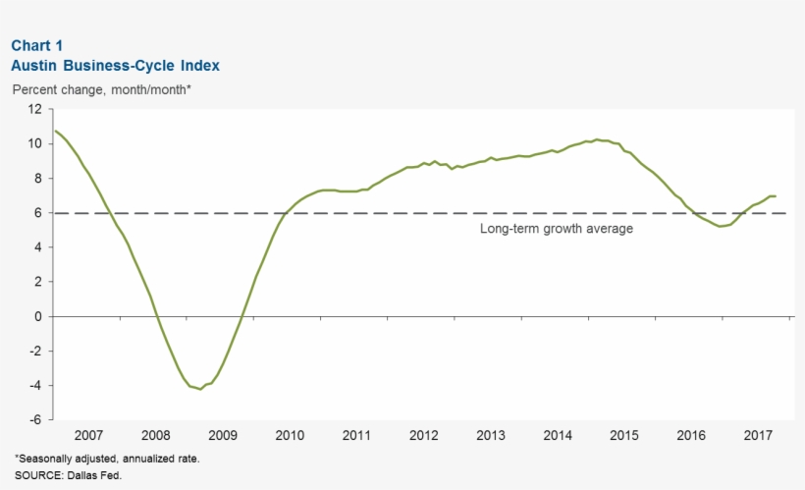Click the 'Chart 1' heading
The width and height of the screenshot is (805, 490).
coord(37,45)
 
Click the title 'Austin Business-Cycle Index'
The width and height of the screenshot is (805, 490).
coord(115,66)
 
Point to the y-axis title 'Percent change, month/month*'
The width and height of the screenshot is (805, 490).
coord(101,89)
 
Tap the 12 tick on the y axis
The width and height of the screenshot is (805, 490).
coord(34,109)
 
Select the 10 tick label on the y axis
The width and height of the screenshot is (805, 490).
coord(34,143)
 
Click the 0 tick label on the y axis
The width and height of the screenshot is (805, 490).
coord(38,316)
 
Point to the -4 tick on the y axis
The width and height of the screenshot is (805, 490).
coord(35,385)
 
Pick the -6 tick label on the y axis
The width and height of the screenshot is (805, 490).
coord(35,419)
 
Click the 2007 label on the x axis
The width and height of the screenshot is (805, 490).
coord(88,435)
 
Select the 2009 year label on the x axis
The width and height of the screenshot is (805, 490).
coord(223,435)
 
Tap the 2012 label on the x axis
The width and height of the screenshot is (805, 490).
coord(423,435)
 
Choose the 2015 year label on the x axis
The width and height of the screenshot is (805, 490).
coord(624,435)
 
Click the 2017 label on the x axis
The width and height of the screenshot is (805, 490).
coord(757,435)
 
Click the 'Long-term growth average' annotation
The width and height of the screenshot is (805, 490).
coord(556,229)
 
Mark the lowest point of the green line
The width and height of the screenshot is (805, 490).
coord(200,389)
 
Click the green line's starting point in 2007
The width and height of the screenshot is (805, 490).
coord(55,131)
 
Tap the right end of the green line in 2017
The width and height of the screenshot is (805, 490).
coord(776,196)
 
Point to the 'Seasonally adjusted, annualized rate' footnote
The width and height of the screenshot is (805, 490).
coord(111,459)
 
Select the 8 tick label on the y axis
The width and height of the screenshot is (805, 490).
coord(38,178)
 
